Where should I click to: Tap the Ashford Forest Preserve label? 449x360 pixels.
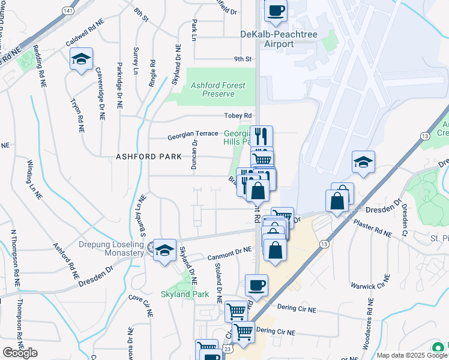218,90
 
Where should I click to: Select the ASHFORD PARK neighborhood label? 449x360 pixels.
149,157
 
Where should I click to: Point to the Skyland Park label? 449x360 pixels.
185,295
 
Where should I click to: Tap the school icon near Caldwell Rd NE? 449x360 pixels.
82,59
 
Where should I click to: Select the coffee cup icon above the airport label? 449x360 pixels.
276,10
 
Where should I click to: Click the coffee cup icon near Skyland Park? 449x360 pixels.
256,285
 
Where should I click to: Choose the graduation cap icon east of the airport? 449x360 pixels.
363,161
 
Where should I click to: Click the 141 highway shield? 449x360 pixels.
70,11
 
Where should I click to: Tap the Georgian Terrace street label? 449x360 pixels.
193,135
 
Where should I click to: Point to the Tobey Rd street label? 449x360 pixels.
238,116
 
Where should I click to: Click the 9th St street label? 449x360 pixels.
243,59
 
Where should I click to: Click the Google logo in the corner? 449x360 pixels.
20,353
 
